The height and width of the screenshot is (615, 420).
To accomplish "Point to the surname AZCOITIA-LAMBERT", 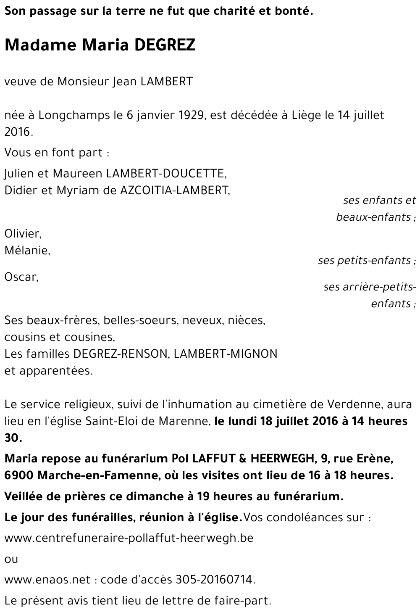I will [175, 190].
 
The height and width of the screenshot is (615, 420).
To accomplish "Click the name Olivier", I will [23, 233].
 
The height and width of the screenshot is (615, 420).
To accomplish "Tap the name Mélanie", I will [27, 251].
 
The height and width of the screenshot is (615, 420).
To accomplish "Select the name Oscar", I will [21, 277].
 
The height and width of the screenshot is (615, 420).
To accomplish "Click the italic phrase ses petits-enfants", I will [365, 261].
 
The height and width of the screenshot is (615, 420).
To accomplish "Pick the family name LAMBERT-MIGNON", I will [226, 354].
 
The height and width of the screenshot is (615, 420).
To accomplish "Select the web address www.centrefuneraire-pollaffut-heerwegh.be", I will [129, 538].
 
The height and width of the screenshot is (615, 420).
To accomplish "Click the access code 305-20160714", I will [213, 580].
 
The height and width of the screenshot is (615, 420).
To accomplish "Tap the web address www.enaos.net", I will [47, 580].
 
